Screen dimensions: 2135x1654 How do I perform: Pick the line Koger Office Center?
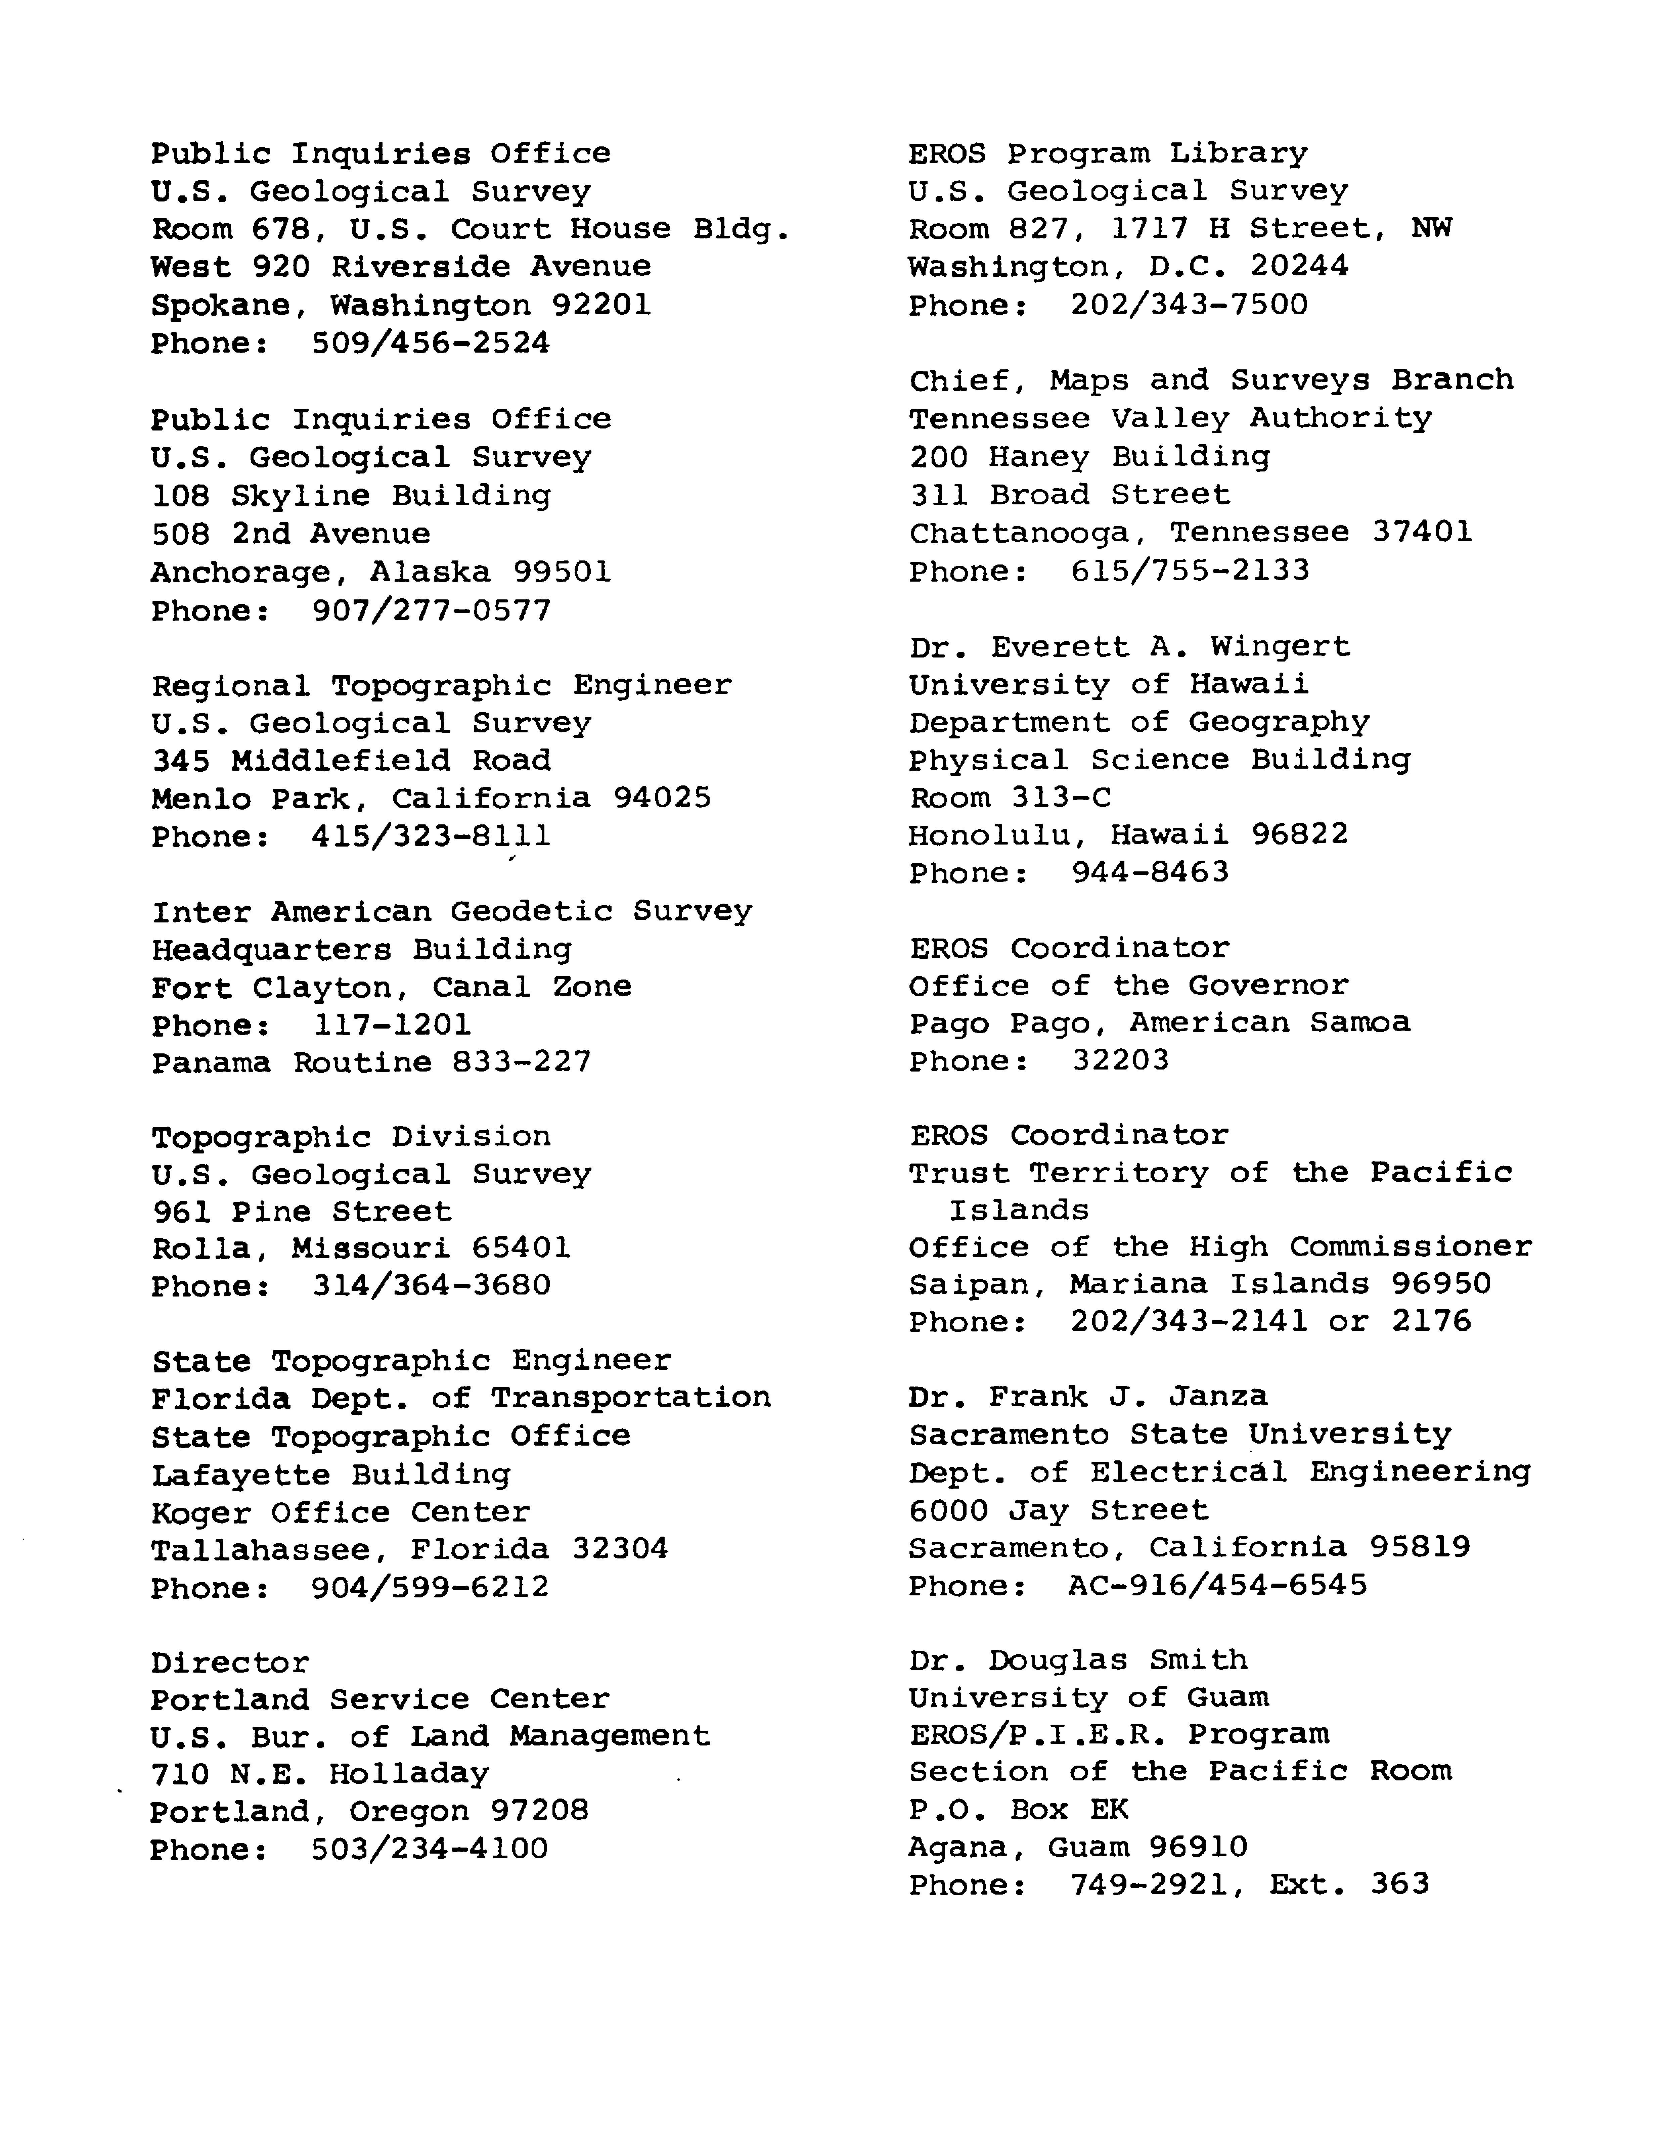tap(340, 1512)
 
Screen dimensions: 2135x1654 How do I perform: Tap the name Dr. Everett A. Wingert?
tap(1129, 647)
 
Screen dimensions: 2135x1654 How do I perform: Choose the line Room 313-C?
tap(1010, 799)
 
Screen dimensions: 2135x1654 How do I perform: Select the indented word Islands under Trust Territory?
tap(1019, 1210)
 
